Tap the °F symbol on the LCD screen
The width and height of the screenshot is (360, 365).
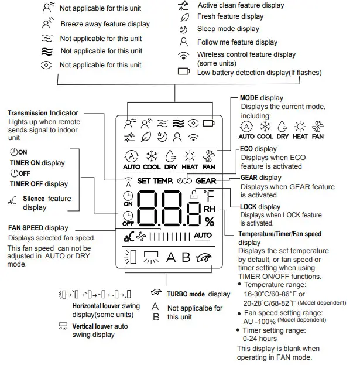tap(209, 196)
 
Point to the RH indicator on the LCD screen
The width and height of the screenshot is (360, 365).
tap(209, 208)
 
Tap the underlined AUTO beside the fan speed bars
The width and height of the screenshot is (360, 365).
tap(203, 236)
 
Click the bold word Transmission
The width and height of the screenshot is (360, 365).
tap(27, 113)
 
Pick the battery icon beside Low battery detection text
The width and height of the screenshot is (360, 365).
tap(184, 72)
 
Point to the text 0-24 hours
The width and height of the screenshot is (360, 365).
tap(260, 339)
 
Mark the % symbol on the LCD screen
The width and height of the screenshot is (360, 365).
tap(209, 221)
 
